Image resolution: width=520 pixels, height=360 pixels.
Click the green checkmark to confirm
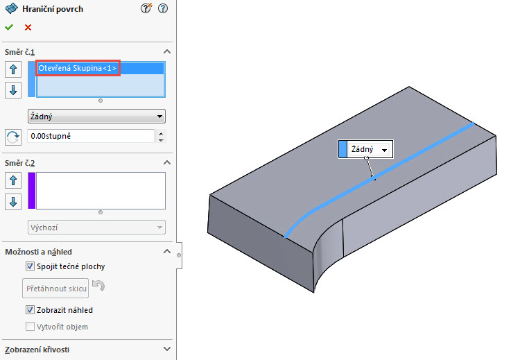pos(9,28)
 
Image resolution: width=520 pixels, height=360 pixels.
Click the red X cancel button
pos(28,28)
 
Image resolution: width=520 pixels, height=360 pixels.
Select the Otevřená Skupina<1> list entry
pos(78,69)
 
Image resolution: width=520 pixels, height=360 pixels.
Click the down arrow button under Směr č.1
pos(13,90)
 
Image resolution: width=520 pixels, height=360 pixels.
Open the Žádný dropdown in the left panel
pos(96,117)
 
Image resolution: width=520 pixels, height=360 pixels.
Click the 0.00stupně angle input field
pos(90,137)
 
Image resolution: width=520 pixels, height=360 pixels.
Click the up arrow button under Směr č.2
pos(13,181)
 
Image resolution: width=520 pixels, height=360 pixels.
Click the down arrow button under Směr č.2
pos(13,202)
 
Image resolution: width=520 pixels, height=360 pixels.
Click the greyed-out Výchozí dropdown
pos(96,227)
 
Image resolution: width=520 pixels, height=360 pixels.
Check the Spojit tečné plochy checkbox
pos(30,266)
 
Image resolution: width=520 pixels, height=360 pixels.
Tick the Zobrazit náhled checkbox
pos(30,310)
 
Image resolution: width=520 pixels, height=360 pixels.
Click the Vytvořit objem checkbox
pos(30,327)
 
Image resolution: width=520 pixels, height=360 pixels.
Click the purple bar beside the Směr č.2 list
pos(31,191)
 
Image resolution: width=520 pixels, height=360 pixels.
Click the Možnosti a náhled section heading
pos(38,252)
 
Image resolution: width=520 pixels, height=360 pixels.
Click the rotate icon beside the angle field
pos(13,137)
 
